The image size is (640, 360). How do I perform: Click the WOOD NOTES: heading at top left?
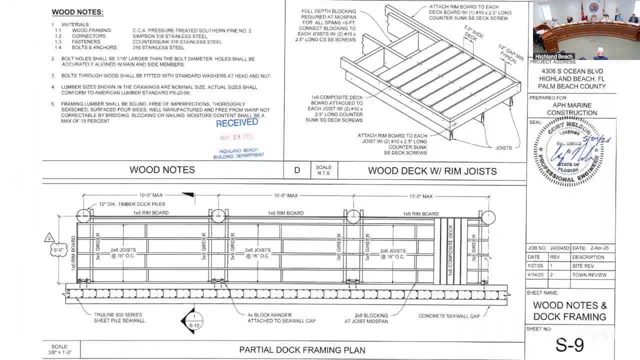click(x=77, y=12)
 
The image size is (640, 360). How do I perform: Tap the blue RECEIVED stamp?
click(x=237, y=122)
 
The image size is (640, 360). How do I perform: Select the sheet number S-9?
click(x=569, y=344)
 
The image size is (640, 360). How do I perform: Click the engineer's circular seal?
click(x=568, y=150)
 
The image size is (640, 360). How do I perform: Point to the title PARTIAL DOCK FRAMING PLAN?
click(x=302, y=350)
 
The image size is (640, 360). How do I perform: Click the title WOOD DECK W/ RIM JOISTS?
click(x=432, y=171)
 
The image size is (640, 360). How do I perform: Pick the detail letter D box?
click(x=297, y=170)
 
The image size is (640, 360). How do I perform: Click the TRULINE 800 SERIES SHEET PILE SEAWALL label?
click(x=119, y=317)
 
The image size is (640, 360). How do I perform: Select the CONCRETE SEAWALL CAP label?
click(x=448, y=316)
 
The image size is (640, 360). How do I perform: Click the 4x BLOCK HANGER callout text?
click(x=281, y=317)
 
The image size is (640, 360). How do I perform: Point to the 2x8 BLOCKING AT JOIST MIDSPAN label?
click(x=371, y=318)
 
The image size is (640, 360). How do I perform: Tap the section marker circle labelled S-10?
click(x=194, y=320)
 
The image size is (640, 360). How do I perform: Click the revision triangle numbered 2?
click(x=49, y=237)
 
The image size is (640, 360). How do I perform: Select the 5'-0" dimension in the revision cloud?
click(x=58, y=249)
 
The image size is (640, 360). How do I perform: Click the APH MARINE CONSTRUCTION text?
click(x=571, y=109)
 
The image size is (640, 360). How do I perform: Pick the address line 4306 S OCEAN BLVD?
click(x=572, y=71)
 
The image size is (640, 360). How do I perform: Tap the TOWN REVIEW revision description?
click(x=589, y=275)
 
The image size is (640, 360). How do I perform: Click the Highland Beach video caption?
click(x=553, y=56)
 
